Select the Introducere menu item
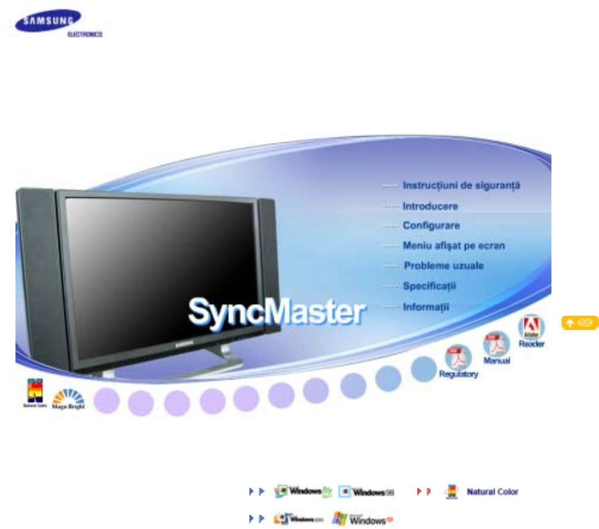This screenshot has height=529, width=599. (x=430, y=206)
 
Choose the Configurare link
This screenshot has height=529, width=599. (x=431, y=226)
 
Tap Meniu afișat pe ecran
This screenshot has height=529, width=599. (x=454, y=245)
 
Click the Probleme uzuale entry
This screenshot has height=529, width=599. (x=444, y=266)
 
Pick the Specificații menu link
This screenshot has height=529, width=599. (x=429, y=286)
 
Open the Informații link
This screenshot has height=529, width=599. (x=425, y=307)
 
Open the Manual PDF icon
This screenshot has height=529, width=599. (x=496, y=347)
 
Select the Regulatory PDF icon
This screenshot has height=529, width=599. (x=458, y=361)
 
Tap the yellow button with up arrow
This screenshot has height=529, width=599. (x=579, y=323)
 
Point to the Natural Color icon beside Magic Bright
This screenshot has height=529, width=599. (x=32, y=394)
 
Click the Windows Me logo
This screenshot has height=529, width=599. (x=303, y=492)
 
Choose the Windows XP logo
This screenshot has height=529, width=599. (x=361, y=518)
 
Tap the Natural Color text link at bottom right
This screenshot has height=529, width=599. (x=492, y=492)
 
